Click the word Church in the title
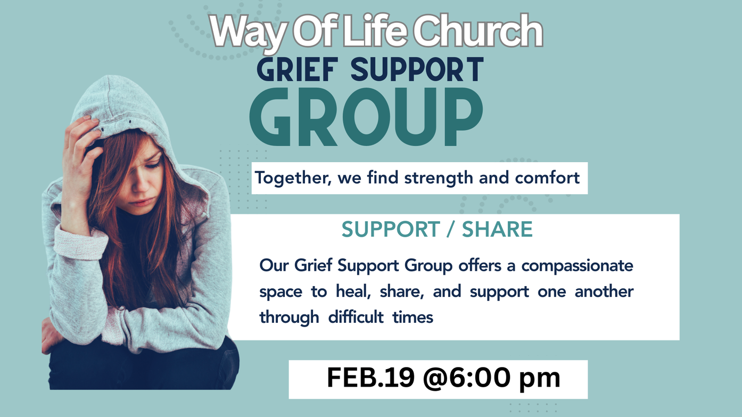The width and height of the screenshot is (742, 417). click(x=477, y=31)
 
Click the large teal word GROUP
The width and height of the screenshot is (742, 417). click(x=366, y=116)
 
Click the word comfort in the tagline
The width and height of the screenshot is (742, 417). click(x=547, y=178)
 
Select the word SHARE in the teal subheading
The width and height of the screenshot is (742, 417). click(x=497, y=229)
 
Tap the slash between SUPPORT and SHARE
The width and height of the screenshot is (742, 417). click(x=450, y=229)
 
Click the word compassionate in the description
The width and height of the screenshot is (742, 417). click(x=578, y=266)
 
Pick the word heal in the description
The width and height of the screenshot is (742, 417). click(x=353, y=291)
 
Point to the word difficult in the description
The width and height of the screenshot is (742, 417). click(x=356, y=317)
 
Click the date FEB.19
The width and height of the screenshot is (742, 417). click(x=370, y=378)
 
